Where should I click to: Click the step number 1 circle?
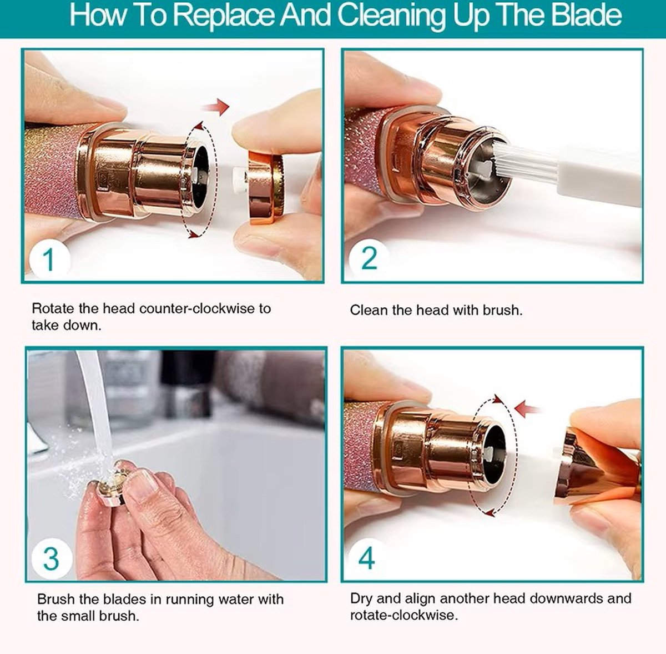[x=50, y=259]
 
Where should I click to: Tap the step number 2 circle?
[x=369, y=258]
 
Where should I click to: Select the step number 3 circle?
[x=52, y=558]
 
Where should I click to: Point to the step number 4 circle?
[x=367, y=558]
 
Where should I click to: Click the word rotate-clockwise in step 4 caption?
[x=404, y=615]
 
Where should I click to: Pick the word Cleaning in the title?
[x=392, y=16]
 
